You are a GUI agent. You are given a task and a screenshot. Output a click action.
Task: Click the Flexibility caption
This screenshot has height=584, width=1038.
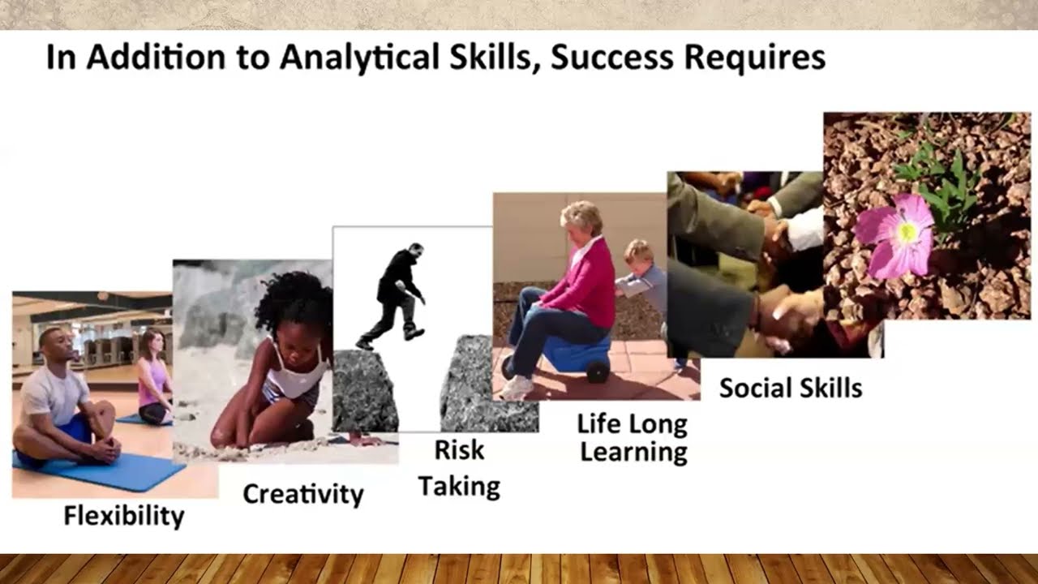124,515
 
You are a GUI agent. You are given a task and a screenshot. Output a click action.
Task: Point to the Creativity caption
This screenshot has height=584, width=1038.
303,494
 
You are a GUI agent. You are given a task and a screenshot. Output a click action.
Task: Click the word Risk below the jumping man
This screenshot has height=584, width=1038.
459,450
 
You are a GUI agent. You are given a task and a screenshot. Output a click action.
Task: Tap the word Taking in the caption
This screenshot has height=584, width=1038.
459,487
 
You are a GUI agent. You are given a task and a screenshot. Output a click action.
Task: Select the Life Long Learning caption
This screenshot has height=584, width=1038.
633,438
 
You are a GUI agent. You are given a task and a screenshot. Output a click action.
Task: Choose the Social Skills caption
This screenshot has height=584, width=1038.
790,388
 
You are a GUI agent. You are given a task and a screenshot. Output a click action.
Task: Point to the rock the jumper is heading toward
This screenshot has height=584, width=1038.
487,385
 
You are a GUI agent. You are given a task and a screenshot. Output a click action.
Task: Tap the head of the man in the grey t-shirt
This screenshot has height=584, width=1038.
50,346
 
